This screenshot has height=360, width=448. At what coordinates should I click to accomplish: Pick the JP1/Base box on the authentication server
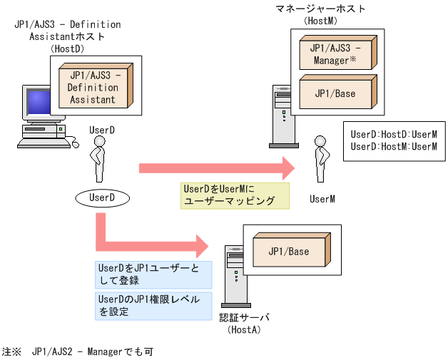click(287, 252)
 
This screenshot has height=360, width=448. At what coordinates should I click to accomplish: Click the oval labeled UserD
click(98, 196)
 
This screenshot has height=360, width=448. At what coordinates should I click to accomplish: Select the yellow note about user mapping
click(235, 195)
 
